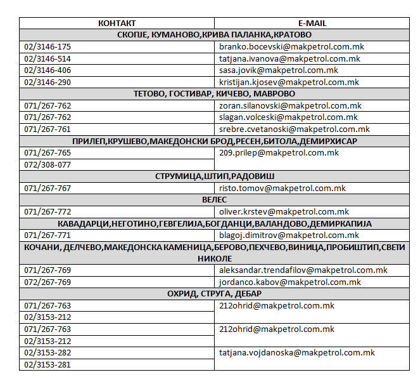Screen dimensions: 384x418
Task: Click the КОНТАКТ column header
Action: (117, 23)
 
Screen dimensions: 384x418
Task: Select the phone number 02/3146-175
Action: (47, 47)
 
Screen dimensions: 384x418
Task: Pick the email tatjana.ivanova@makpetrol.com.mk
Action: (289, 58)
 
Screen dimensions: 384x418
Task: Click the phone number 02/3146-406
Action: (47, 70)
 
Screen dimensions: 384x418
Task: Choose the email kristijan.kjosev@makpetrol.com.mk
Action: (289, 83)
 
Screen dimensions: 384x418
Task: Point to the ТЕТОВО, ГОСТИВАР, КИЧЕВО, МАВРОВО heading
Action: (214, 94)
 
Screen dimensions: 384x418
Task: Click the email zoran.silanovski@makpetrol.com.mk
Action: (290, 105)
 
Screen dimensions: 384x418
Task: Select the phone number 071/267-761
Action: (47, 129)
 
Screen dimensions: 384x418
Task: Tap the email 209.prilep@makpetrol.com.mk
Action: (279, 153)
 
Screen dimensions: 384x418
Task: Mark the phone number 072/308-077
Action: (47, 164)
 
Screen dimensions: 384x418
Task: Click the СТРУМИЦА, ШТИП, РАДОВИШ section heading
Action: (214, 176)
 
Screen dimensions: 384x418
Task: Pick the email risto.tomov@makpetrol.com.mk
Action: (282, 188)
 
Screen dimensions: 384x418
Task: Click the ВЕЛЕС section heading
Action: (214, 199)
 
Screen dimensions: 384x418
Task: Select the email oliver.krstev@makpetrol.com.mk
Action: (284, 211)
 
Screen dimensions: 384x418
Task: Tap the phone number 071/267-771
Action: (47, 235)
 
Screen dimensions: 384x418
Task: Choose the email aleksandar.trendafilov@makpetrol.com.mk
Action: (303, 270)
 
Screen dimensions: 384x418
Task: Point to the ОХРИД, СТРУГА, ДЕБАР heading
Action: (214, 294)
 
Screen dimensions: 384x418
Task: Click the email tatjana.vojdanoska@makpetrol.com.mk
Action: (297, 353)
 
